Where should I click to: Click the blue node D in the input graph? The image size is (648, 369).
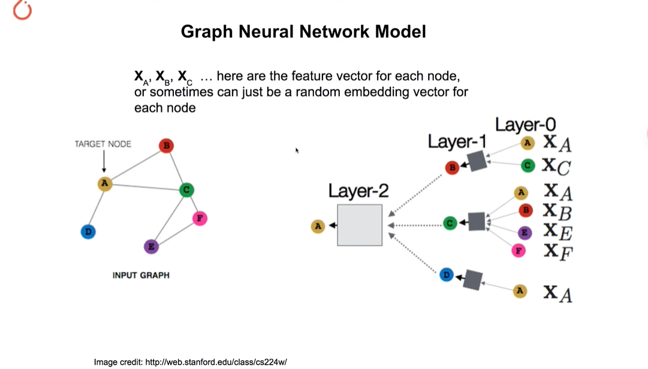[x=88, y=231]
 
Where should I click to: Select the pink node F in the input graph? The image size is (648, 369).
[x=200, y=218]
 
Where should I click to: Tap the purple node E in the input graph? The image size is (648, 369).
[x=152, y=246]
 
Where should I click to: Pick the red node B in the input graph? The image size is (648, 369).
[x=166, y=146]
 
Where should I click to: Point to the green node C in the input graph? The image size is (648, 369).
[x=186, y=190]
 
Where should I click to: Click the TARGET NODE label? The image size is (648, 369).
[x=103, y=144]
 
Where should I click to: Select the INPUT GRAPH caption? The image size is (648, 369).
[x=141, y=275]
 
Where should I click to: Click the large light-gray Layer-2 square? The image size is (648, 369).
[x=360, y=225]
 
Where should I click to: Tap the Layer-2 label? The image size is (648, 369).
[x=358, y=191]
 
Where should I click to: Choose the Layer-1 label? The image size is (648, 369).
[x=457, y=141]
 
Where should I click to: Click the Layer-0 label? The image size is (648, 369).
[x=525, y=125]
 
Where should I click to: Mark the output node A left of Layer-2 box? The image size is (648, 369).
[x=318, y=226]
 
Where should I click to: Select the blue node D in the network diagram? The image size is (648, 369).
[x=446, y=275]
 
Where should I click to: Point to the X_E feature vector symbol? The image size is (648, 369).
[x=557, y=232]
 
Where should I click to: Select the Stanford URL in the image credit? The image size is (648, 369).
[x=217, y=362]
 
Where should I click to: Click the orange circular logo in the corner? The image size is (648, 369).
[x=22, y=10]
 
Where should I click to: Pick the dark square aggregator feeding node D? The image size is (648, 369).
[x=473, y=280]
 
